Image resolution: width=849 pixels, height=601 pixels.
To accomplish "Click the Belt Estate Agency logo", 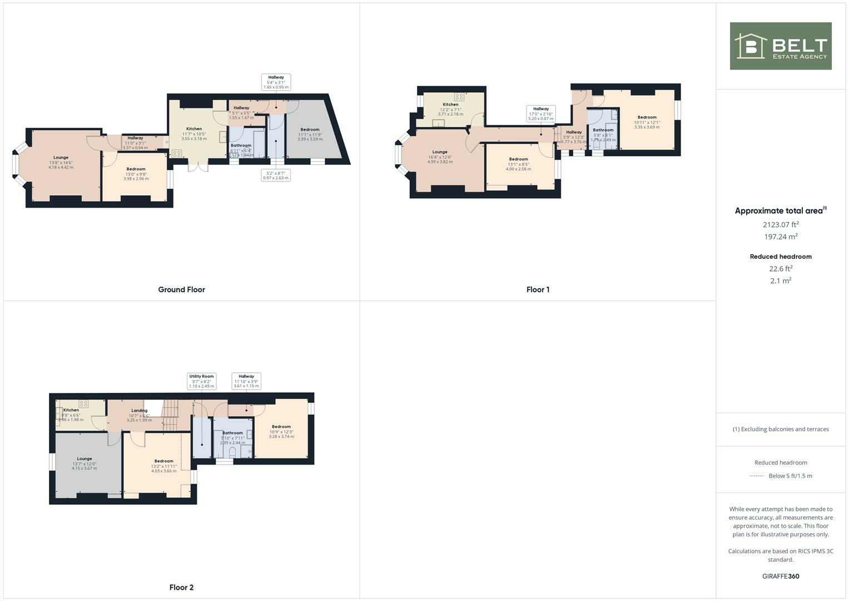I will pos(780,46).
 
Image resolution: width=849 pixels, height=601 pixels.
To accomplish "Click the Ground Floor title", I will pos(181,289).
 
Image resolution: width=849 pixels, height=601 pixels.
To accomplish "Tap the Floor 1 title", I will pos(538,289).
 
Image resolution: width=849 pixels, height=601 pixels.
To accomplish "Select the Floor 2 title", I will pos(181,587).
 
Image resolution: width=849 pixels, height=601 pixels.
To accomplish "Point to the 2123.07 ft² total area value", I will pos(781,225).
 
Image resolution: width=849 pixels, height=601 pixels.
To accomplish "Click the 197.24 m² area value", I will pos(781,237).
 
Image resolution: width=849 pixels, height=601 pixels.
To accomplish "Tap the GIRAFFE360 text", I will pos(781,576).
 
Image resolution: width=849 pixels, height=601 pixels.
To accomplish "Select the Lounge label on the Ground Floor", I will pos(61,157).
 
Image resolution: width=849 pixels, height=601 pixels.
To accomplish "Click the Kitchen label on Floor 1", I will pos(450,105).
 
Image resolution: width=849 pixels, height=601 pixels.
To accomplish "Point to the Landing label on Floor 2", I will pos(139,411).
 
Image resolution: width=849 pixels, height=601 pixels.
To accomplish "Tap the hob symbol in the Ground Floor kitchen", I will pos(177,153).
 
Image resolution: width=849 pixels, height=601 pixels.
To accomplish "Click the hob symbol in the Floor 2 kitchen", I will pos(83,404).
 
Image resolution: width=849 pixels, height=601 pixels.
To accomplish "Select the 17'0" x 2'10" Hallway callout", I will pos(540,114).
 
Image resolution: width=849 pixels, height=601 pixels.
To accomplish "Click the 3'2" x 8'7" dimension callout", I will pos(276,175).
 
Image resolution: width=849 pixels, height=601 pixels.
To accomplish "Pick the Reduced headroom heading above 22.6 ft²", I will pos(781,257).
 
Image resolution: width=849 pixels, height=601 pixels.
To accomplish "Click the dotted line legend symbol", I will pos(756,476).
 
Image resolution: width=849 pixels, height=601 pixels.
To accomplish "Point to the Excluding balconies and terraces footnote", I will pos(781,429).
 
